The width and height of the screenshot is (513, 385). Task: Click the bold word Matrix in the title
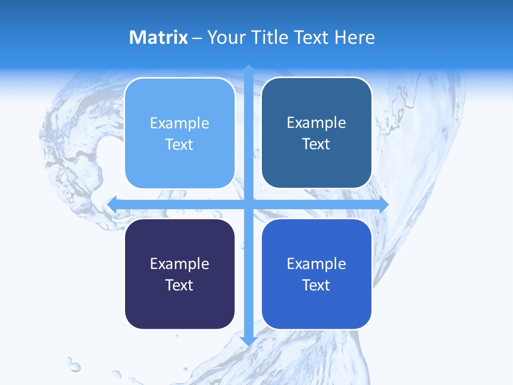[159, 37]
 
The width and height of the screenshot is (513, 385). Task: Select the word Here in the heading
[355, 37]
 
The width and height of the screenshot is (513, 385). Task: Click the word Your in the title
[227, 37]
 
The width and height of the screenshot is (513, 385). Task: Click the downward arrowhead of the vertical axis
[248, 341]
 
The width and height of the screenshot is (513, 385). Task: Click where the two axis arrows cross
[248, 205]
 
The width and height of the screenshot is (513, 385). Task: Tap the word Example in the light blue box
[180, 124]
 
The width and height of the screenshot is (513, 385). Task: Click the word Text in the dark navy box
[180, 285]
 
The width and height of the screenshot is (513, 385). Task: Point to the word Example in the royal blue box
[316, 264]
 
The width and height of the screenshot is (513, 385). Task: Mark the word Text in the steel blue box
[316, 144]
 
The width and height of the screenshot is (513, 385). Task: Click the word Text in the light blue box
[180, 145]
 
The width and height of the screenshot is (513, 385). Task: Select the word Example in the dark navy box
[180, 264]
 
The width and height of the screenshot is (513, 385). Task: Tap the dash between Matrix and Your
[197, 38]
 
